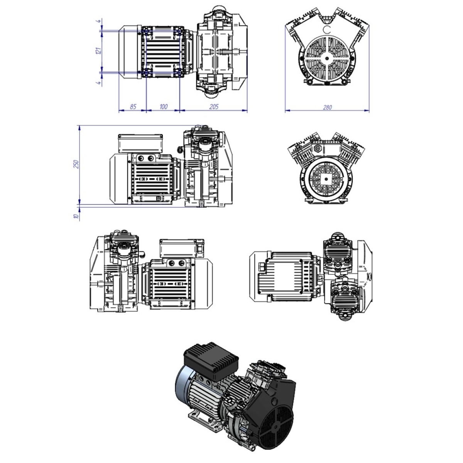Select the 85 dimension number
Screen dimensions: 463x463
point(133,106)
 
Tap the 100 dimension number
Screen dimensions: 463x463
point(163,106)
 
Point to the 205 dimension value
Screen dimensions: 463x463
point(214,106)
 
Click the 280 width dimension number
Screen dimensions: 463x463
point(327,107)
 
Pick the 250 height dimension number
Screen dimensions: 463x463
point(77,164)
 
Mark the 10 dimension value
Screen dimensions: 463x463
point(77,216)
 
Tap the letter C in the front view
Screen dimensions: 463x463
point(327,30)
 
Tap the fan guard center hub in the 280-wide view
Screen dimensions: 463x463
point(327,58)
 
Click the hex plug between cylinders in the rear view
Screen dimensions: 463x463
point(318,149)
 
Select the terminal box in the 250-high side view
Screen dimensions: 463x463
point(140,144)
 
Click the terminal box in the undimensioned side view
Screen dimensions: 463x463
point(182,248)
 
